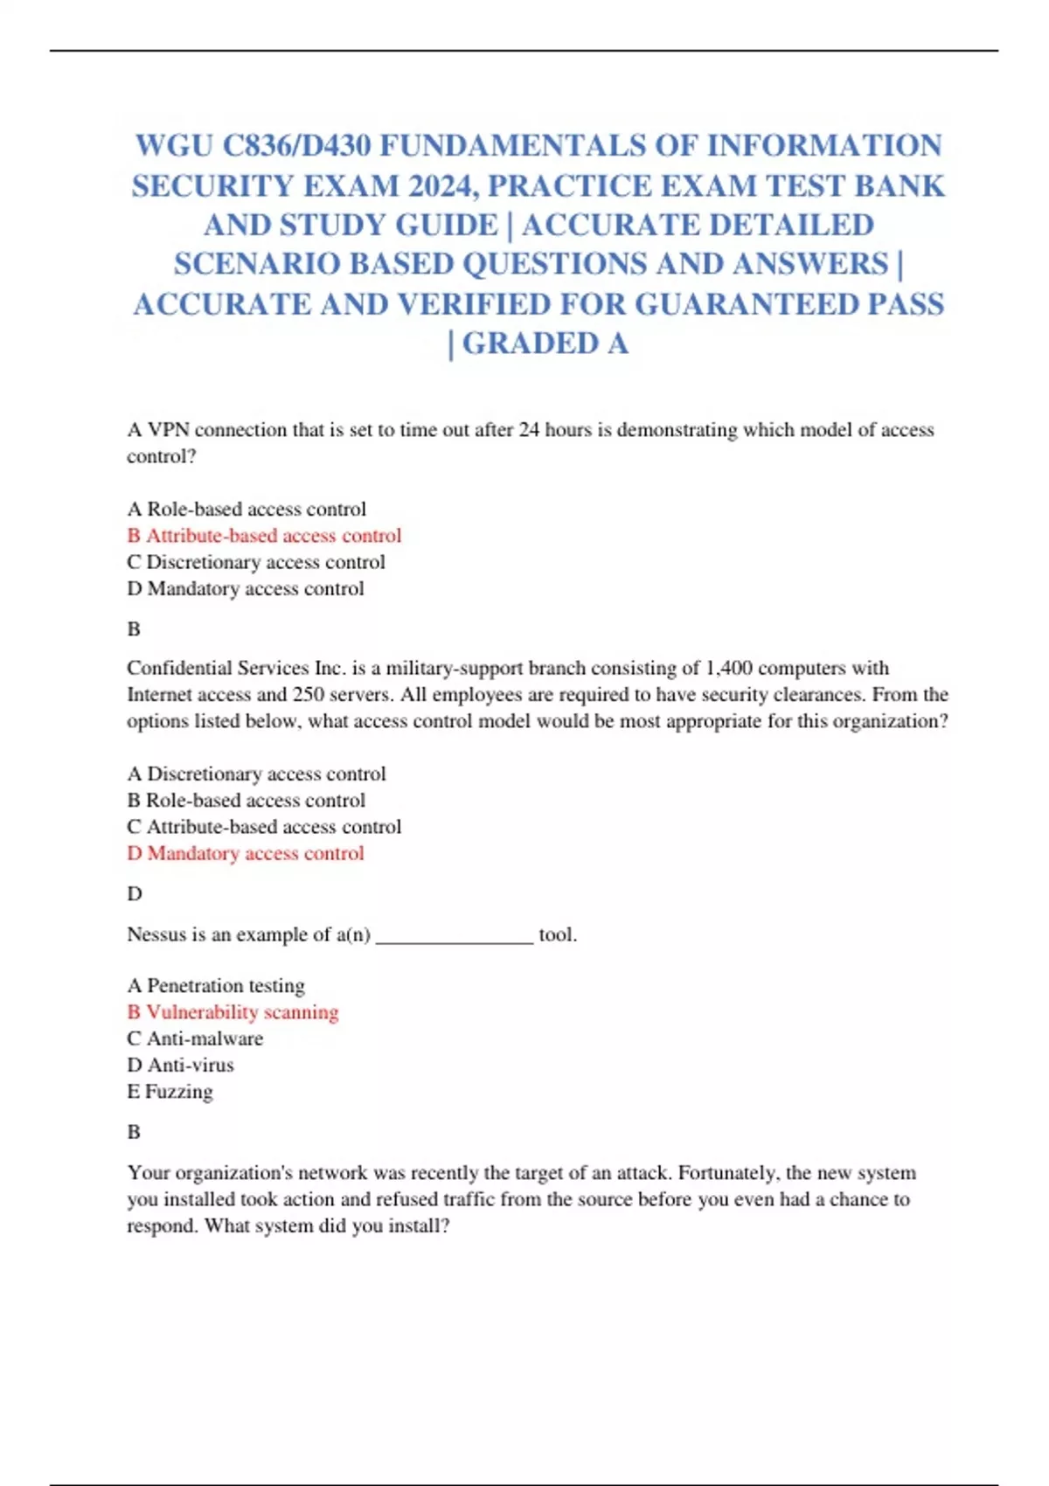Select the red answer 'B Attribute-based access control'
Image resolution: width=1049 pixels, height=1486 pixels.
[264, 535]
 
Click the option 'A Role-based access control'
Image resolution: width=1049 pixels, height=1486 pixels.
[247, 509]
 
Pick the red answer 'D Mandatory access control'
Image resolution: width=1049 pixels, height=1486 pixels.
[246, 853]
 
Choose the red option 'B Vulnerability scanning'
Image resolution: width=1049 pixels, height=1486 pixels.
[233, 1012]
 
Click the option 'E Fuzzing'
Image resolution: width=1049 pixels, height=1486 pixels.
[170, 1092]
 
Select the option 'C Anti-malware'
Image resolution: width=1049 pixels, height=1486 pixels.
[195, 1038]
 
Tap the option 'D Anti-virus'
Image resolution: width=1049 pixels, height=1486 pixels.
[181, 1065]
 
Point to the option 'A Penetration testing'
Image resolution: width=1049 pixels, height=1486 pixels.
[216, 985]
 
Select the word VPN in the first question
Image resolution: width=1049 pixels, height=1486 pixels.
[169, 430]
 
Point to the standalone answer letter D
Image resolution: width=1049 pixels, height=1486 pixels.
[134, 893]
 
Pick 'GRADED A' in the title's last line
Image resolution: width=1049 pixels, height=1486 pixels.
[545, 344]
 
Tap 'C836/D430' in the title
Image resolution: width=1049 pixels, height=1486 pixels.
[296, 145]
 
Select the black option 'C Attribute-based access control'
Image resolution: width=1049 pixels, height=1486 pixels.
[264, 827]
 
